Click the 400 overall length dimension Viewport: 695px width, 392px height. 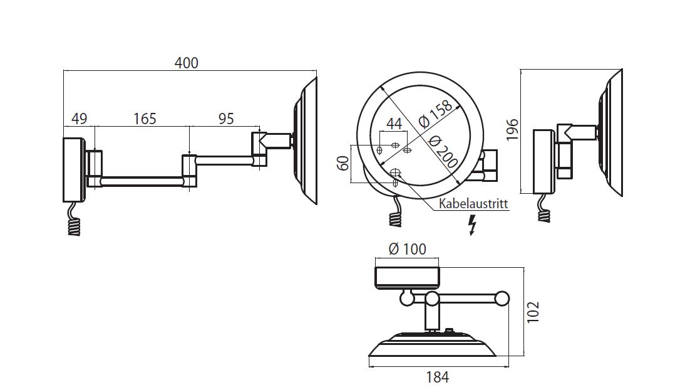[187, 63]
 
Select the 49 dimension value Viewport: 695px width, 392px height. [79, 118]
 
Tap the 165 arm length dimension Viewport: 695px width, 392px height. [144, 118]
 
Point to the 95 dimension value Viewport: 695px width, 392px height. [225, 118]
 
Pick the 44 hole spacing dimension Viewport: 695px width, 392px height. [393, 124]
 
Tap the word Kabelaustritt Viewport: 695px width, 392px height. [473, 204]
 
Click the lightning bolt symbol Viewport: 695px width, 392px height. [473, 225]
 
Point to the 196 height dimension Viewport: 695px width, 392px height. [513, 130]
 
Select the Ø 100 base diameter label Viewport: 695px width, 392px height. [407, 249]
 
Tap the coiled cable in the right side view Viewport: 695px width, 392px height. [545, 211]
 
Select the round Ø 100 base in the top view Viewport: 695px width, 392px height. [407, 277]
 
